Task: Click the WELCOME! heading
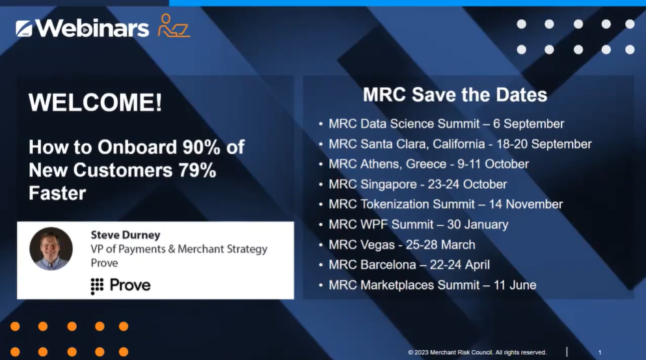[95, 102]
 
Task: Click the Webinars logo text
[92, 29]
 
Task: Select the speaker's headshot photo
[51, 249]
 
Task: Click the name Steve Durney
[126, 235]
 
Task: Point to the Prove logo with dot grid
[121, 285]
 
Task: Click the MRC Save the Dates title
[455, 94]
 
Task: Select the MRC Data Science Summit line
[446, 124]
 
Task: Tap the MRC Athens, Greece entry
[429, 164]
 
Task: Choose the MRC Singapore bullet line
[418, 184]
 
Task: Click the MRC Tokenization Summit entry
[446, 204]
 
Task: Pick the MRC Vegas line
[401, 245]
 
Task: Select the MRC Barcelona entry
[409, 265]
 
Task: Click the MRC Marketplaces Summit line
[432, 285]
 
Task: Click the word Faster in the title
[57, 193]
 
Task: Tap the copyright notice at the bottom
[477, 352]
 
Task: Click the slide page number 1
[599, 352]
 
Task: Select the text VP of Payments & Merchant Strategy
[179, 249]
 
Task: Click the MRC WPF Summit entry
[418, 225]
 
